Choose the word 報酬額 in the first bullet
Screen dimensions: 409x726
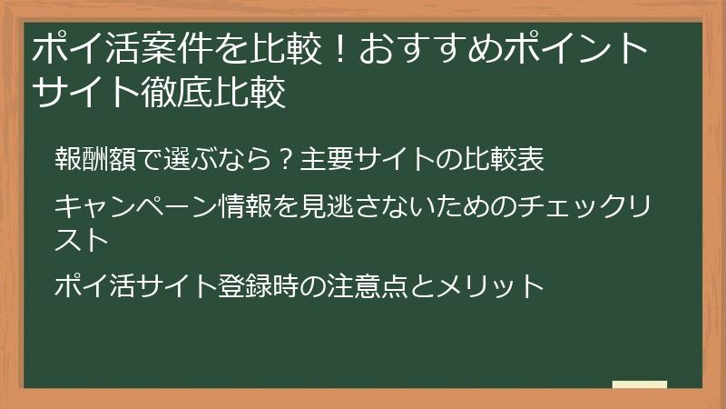pyautogui.click(x=92, y=161)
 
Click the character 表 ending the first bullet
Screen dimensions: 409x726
pyautogui.click(x=531, y=161)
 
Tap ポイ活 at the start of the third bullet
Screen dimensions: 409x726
pyautogui.click(x=91, y=286)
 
